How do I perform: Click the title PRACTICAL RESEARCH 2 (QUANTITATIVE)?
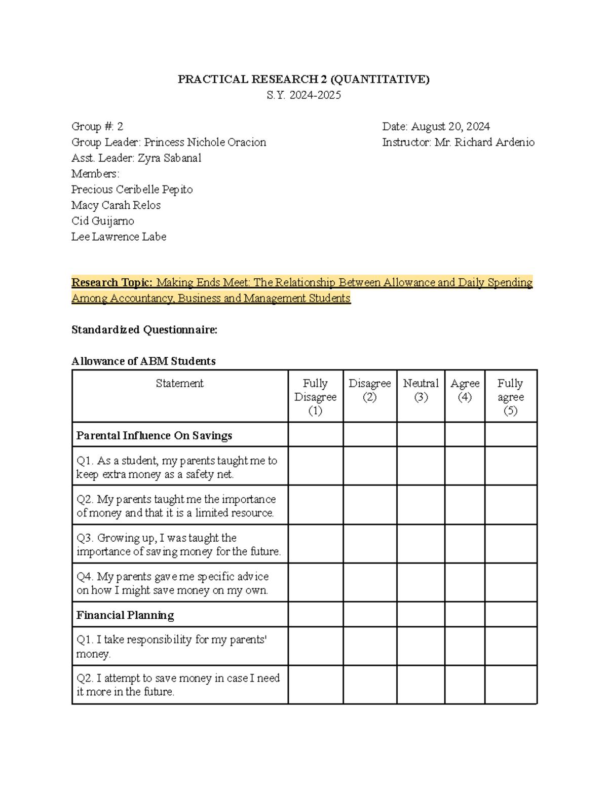[303, 79]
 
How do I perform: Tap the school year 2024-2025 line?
[303, 95]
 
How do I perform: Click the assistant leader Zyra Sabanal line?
[136, 158]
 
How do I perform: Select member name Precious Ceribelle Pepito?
[132, 190]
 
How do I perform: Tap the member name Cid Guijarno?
[103, 221]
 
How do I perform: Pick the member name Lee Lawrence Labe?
[119, 237]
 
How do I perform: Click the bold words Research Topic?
[111, 283]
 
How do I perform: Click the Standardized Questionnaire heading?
[144, 330]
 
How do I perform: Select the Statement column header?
[179, 384]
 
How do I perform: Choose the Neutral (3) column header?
[421, 390]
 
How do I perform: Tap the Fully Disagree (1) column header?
[315, 397]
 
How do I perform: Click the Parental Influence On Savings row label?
[154, 435]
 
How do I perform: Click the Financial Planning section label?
[125, 615]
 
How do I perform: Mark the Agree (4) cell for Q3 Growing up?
[465, 544]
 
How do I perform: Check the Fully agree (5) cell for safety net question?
[510, 466]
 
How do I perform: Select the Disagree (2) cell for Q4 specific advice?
[370, 583]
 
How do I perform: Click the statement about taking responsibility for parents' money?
[171, 647]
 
